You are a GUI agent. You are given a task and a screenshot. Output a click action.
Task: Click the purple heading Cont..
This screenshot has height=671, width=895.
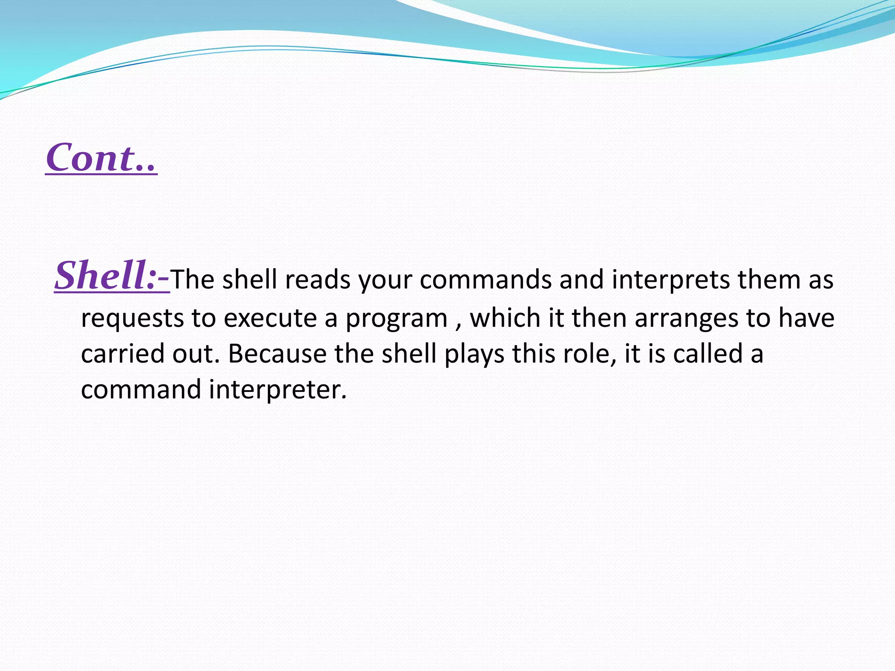pyautogui.click(x=101, y=158)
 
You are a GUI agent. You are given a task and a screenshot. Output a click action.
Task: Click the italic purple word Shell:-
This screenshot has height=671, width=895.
pyautogui.click(x=112, y=275)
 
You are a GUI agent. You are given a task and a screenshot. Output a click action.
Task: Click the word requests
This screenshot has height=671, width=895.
pyautogui.click(x=132, y=318)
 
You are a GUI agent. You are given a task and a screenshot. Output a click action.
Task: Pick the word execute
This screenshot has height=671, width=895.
pyautogui.click(x=270, y=318)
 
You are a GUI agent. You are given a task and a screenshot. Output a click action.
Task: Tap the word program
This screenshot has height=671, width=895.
pyautogui.click(x=396, y=318)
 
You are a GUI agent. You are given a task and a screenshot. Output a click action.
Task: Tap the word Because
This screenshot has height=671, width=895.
pyautogui.click(x=277, y=354)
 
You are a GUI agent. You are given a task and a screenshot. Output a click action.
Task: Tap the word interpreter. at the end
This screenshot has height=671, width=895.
pyautogui.click(x=278, y=390)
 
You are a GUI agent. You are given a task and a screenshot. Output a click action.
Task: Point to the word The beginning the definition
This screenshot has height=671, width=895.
pyautogui.click(x=192, y=280)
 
